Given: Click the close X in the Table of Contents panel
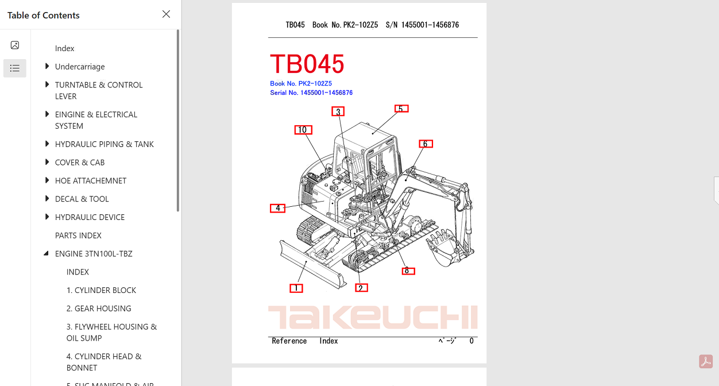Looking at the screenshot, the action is click(x=166, y=14).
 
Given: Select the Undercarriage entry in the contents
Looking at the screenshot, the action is click(x=80, y=67).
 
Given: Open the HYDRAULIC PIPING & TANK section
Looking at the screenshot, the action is click(x=104, y=144).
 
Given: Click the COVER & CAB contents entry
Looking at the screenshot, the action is click(x=80, y=163).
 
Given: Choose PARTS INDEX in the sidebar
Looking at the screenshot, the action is click(x=78, y=236).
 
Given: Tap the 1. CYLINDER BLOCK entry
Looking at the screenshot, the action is click(x=101, y=290).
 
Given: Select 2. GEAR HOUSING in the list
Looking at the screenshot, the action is click(x=99, y=308).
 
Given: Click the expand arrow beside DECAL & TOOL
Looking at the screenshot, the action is click(x=47, y=199).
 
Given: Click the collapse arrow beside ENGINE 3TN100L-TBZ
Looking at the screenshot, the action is click(x=46, y=253).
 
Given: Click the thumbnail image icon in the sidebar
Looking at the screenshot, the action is click(x=15, y=45).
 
